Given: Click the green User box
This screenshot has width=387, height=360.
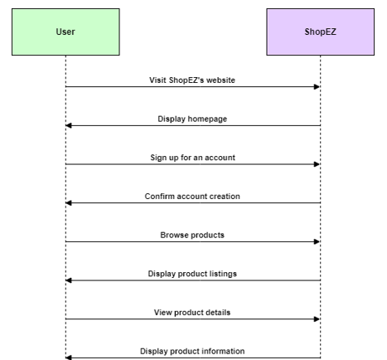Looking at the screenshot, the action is tap(65, 32).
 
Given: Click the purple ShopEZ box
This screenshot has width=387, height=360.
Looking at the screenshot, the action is tap(321, 32).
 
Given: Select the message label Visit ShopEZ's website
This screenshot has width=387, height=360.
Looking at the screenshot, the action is tap(192, 80).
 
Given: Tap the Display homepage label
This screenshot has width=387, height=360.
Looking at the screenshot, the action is tap(192, 119).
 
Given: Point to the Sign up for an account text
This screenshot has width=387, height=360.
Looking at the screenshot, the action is tap(192, 158).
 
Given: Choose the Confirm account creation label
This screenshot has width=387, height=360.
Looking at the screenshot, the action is tap(192, 197).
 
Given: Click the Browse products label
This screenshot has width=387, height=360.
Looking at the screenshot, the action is tap(192, 235).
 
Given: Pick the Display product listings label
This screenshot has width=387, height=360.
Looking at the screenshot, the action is tap(192, 274).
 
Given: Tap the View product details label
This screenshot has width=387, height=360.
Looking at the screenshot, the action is tap(192, 313).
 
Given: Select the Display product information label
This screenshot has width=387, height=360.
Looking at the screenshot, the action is tap(192, 351).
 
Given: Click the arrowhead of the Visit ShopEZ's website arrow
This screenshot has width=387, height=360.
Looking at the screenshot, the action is tap(317, 87).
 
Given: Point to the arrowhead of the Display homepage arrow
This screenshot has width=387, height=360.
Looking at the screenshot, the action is tap(69, 125).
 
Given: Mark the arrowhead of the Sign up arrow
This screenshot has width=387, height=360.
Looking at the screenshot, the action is tap(317, 164).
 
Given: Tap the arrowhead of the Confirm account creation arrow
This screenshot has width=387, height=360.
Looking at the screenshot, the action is tap(69, 203).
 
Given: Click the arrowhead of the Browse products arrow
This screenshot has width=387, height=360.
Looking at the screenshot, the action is tap(317, 241).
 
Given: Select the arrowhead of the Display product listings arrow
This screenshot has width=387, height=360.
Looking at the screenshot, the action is tap(69, 280).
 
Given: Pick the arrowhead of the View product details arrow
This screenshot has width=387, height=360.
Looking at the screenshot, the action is tap(317, 319).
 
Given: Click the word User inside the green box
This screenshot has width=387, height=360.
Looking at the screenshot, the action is tap(65, 32).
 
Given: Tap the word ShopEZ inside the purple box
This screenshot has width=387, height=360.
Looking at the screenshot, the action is tap(321, 32).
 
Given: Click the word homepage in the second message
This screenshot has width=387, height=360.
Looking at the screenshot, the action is tap(207, 119).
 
